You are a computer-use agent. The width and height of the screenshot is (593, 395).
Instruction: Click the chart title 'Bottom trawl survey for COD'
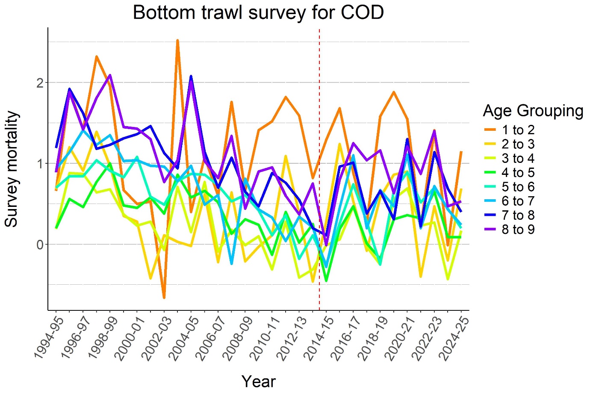[258, 12]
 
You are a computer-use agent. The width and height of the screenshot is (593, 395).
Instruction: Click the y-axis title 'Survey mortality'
[12, 169]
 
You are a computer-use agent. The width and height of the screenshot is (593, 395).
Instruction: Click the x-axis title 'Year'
[258, 381]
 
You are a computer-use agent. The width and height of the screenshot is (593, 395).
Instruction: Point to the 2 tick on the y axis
[40, 83]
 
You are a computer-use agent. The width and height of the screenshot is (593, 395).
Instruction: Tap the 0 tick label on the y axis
[40, 245]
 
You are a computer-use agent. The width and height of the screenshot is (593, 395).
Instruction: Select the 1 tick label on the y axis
[40, 164]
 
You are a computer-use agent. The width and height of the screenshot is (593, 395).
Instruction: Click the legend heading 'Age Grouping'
[533, 111]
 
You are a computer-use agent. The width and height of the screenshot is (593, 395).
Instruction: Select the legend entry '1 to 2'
[518, 130]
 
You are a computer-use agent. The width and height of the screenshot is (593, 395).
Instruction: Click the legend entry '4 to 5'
[518, 173]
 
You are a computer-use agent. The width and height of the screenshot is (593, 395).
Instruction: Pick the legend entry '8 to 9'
[518, 230]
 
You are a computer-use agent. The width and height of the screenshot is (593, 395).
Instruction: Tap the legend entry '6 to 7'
[518, 201]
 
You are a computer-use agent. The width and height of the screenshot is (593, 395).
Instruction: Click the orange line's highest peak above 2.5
[177, 41]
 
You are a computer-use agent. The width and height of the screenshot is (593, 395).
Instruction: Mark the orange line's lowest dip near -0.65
[164, 297]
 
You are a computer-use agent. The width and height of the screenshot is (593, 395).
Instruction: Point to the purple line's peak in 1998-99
[110, 75]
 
